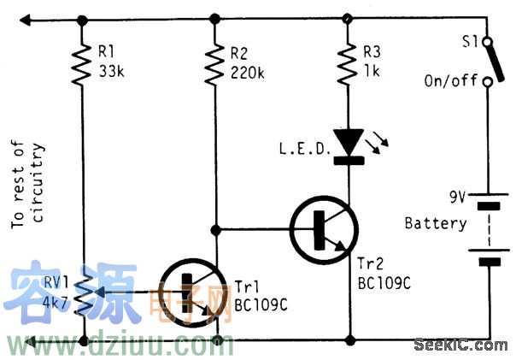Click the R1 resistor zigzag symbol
[x=83, y=65]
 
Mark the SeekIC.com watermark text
[x=460, y=345]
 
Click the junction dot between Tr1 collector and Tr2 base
[x=215, y=229]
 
